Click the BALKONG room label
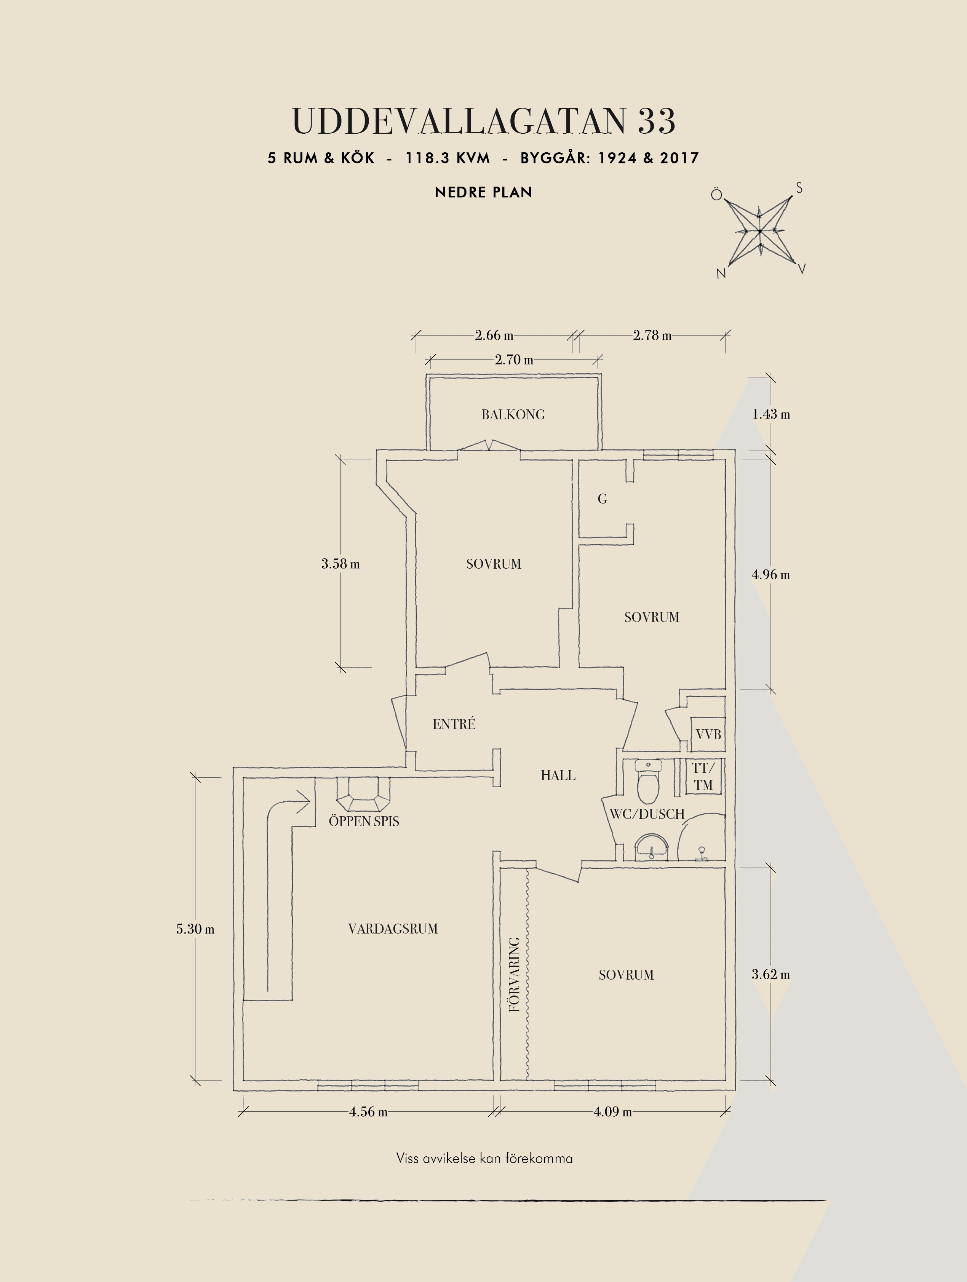tap(513, 414)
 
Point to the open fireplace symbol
tap(364, 794)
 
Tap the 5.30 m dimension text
tap(195, 929)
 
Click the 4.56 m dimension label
tap(369, 1112)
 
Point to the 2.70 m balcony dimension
tap(514, 359)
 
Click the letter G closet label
tap(603, 499)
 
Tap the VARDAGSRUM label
tap(393, 929)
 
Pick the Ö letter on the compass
tap(717, 194)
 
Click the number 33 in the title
tap(657, 121)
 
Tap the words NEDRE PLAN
tap(483, 192)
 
